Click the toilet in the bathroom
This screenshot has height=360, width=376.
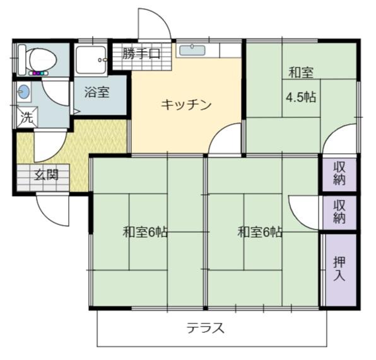[40, 60]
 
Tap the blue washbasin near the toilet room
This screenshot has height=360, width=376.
[23, 92]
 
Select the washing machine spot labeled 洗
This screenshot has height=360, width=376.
[26, 117]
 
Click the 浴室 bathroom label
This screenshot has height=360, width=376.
[97, 92]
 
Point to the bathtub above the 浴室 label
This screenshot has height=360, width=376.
[91, 60]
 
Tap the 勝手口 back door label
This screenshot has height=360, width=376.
[141, 54]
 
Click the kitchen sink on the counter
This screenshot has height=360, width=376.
[192, 50]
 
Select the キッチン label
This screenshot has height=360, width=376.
[186, 105]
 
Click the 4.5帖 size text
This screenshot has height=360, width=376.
[301, 97]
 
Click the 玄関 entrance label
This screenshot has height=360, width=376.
[46, 175]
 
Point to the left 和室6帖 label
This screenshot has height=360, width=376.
[145, 232]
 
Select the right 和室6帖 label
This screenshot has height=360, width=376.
[260, 232]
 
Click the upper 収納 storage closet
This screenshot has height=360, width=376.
[339, 173]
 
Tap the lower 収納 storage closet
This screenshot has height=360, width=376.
[339, 212]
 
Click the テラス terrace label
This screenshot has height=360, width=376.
[206, 328]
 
